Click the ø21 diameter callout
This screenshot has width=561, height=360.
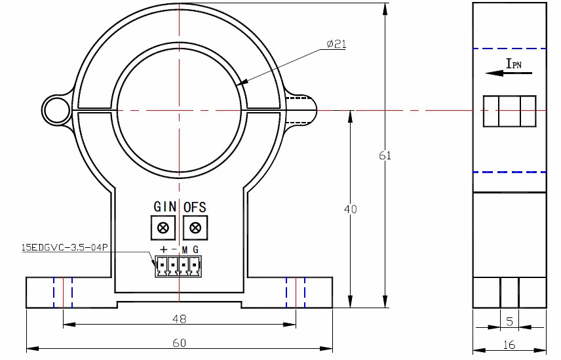336,44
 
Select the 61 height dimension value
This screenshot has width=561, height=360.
385,155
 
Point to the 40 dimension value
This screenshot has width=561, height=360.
351,209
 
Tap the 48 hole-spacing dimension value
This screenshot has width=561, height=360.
179,319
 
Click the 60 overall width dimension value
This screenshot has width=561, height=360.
179,343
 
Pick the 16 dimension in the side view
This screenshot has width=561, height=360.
509,345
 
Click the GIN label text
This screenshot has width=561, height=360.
164,207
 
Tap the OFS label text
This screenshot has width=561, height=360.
195,207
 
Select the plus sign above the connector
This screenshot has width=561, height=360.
163,250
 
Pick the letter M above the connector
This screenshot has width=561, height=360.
185,250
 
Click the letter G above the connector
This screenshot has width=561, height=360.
195,250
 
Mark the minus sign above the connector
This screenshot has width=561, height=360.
174,250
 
